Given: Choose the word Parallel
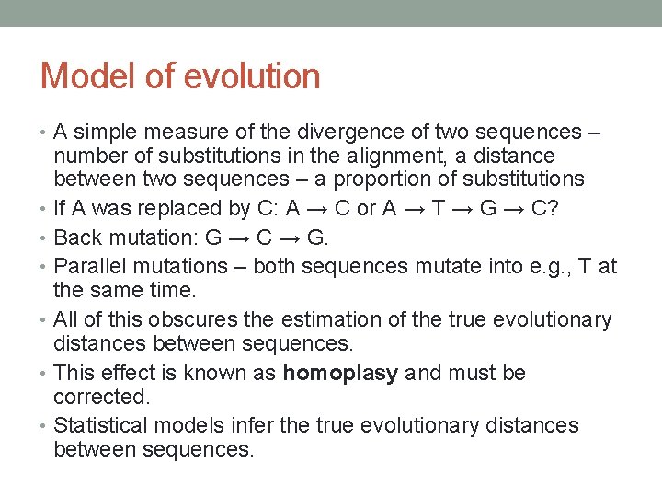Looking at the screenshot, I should pyautogui.click(x=90, y=267).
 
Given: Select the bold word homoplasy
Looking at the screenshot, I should pyautogui.click(x=340, y=374).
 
